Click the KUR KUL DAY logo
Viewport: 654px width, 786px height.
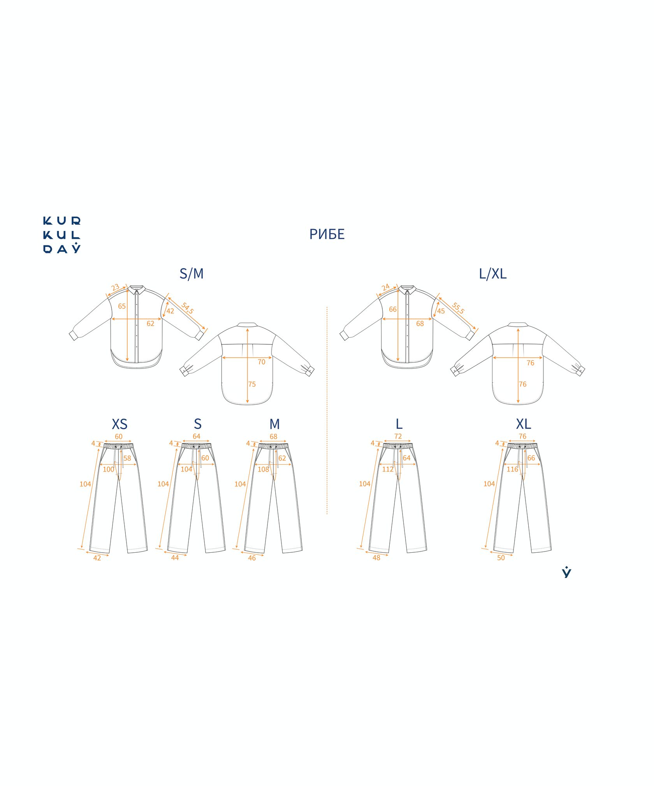click(62, 235)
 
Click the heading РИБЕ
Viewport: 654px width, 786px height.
click(327, 234)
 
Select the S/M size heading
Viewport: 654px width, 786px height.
click(192, 274)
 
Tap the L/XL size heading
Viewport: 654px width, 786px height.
click(493, 274)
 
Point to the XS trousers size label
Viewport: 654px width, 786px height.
click(120, 424)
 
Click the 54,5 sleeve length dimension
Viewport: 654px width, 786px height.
click(187, 308)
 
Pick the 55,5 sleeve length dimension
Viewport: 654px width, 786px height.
click(458, 308)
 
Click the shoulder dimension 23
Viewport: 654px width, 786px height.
click(115, 287)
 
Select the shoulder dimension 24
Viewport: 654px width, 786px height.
click(385, 287)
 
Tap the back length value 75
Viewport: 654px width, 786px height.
click(252, 384)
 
